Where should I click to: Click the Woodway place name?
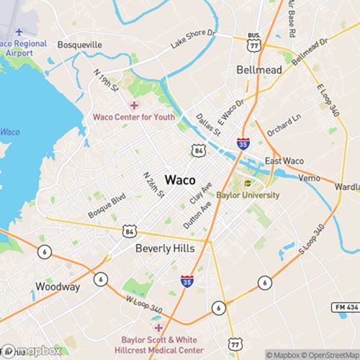tap(58, 287)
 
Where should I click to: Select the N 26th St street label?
tap(153, 184)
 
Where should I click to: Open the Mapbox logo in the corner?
tap(32, 351)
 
